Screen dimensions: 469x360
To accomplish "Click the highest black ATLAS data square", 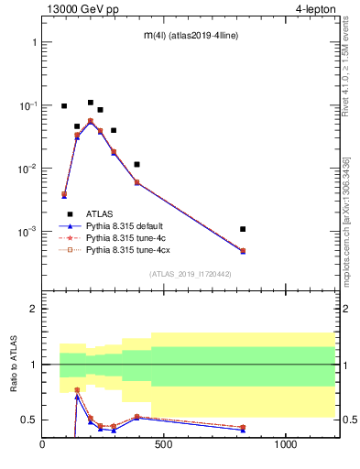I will tap(91, 103).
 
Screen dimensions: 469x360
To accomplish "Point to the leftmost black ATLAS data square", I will tap(64, 106).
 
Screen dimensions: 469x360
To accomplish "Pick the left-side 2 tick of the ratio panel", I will tap(33, 309).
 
